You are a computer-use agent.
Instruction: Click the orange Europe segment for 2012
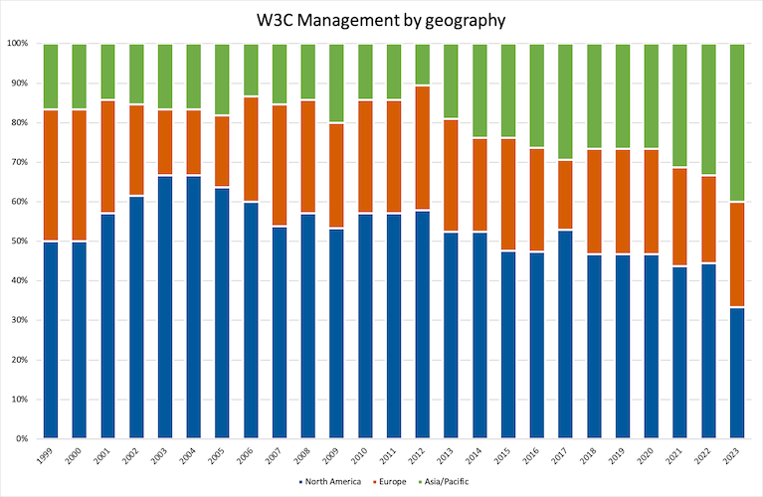[x=422, y=148]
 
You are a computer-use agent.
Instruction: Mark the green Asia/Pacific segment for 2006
[x=250, y=71]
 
